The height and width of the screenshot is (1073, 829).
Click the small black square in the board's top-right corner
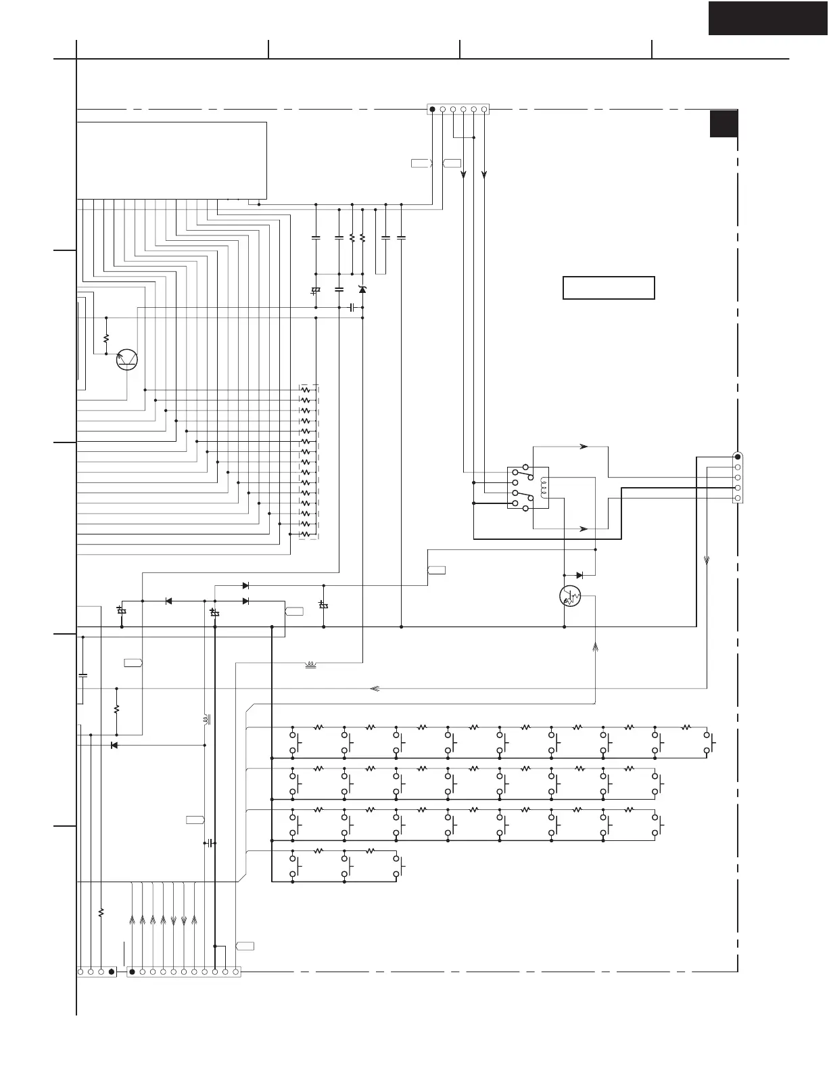[x=724, y=124]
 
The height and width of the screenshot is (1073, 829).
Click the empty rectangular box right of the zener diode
[x=609, y=288]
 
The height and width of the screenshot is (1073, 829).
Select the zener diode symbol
[x=362, y=290]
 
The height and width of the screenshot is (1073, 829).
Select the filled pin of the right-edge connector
[x=738, y=457]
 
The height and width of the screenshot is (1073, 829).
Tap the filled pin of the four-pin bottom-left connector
[x=112, y=972]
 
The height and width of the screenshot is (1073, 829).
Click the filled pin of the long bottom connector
[x=133, y=972]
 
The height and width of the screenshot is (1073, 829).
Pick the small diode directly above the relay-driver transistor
[x=579, y=575]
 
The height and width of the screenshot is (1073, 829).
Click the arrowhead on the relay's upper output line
[x=584, y=447]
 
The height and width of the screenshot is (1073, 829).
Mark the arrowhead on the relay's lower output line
[x=584, y=528]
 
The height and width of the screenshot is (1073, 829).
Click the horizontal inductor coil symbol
[x=312, y=664]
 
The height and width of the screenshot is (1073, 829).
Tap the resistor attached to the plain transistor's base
[x=106, y=338]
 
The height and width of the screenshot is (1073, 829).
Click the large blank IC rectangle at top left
[x=172, y=160]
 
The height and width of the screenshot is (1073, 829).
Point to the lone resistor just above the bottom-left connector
[x=101, y=913]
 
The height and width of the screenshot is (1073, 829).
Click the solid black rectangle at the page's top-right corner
[x=768, y=18]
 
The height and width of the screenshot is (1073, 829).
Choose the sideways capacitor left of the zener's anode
[x=352, y=308]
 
